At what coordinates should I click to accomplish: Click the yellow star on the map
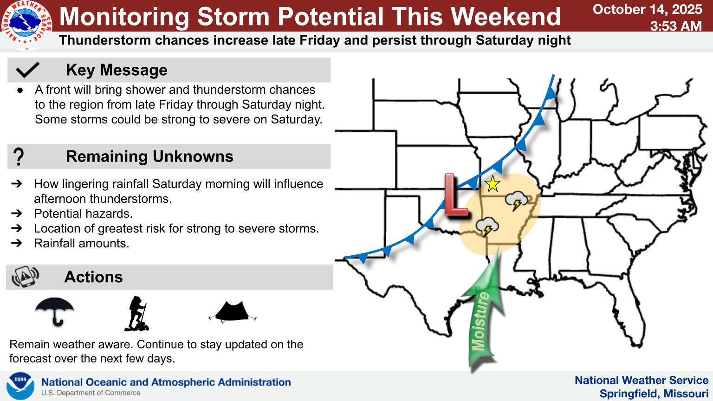tap(493, 184)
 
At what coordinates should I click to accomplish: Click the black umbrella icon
tap(54, 311)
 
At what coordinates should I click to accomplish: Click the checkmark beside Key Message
tap(27, 70)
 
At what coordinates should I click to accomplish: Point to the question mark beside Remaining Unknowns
tap(19, 156)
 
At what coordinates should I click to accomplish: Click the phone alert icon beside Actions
tap(26, 276)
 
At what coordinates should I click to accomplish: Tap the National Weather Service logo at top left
tap(27, 26)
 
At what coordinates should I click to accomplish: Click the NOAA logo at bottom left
tap(20, 386)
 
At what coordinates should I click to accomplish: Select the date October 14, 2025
tap(648, 9)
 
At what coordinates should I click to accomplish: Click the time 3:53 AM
tap(676, 26)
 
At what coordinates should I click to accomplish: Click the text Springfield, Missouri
tap(654, 394)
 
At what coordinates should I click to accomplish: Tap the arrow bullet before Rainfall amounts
tap(17, 243)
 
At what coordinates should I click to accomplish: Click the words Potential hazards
tap(84, 213)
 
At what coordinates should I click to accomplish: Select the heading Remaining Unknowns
tap(149, 156)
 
